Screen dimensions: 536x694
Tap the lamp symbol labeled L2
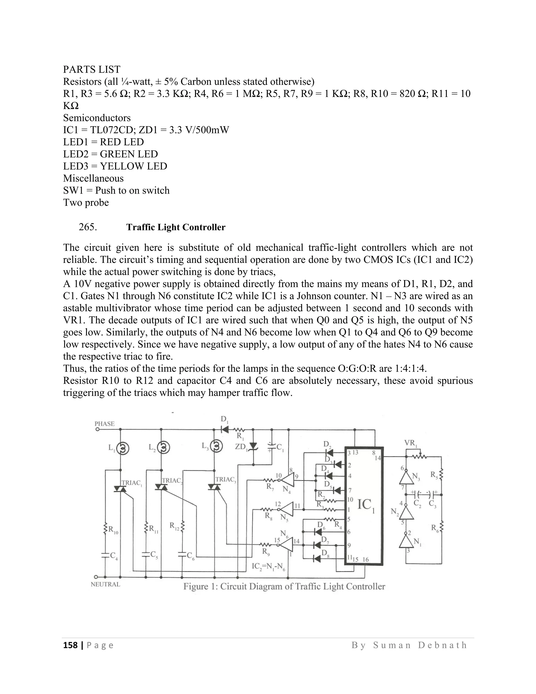click(x=164, y=448)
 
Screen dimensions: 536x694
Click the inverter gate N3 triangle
click(x=406, y=477)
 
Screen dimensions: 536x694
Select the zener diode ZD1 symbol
click(x=253, y=447)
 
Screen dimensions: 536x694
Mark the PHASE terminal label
click(x=104, y=423)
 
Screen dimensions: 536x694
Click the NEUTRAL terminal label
click(x=105, y=584)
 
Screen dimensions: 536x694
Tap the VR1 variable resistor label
click(x=411, y=443)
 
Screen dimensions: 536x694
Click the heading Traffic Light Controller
click(x=176, y=227)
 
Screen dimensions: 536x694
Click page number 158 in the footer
click(x=70, y=645)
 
